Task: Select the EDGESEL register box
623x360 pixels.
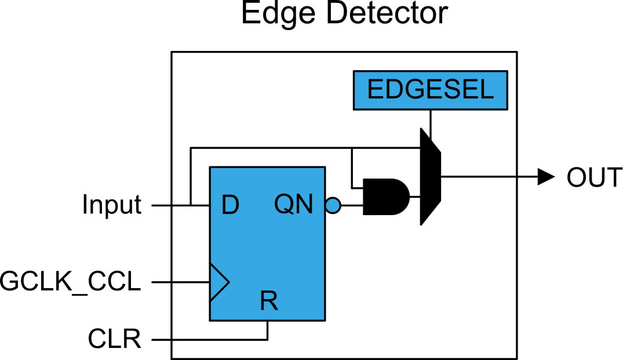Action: [x=430, y=90]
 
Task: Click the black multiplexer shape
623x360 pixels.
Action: [x=429, y=176]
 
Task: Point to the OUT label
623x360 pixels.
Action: [x=594, y=177]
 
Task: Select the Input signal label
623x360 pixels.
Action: [x=111, y=205]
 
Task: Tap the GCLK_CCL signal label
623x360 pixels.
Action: [x=71, y=282]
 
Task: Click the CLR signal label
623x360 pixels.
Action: [x=115, y=339]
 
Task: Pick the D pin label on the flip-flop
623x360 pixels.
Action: [x=230, y=205]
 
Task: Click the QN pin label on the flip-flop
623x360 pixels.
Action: [x=294, y=205]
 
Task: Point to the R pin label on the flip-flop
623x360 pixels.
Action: [x=268, y=301]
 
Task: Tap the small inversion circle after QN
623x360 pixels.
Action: [x=333, y=205]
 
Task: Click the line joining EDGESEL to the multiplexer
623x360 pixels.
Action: [x=430, y=119]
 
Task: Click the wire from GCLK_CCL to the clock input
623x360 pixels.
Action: [x=180, y=282]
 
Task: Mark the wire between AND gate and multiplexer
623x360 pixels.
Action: [x=415, y=197]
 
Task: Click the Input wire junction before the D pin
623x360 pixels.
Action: [x=190, y=205]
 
